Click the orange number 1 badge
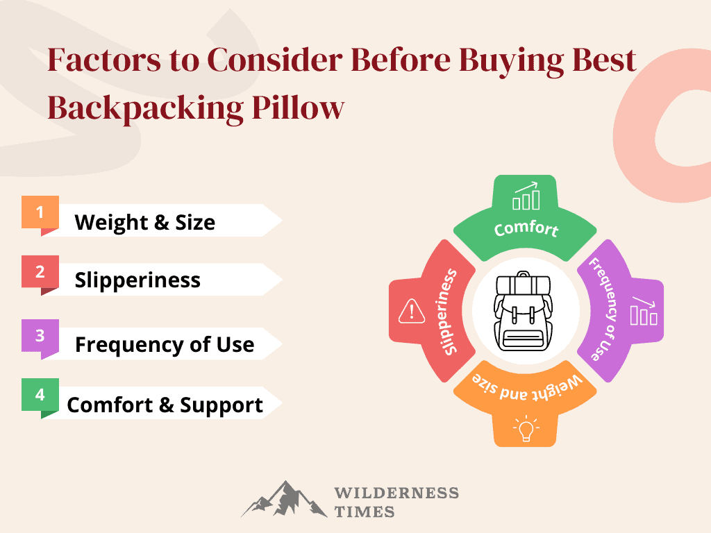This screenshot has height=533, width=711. (40, 212)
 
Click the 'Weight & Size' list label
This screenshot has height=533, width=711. (144, 222)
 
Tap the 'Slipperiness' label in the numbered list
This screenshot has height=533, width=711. (137, 280)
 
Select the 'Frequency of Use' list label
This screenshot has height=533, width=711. (165, 344)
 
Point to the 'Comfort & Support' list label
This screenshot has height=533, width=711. (165, 405)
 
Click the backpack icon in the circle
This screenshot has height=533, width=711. (523, 312)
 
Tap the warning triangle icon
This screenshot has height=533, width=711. (412, 312)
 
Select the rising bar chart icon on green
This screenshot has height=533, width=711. (526, 196)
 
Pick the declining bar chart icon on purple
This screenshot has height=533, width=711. (644, 311)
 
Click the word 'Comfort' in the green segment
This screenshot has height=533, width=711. (526, 228)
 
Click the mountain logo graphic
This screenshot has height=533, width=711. (284, 499)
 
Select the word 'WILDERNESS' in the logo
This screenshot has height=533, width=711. (396, 493)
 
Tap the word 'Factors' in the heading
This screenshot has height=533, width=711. (104, 60)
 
